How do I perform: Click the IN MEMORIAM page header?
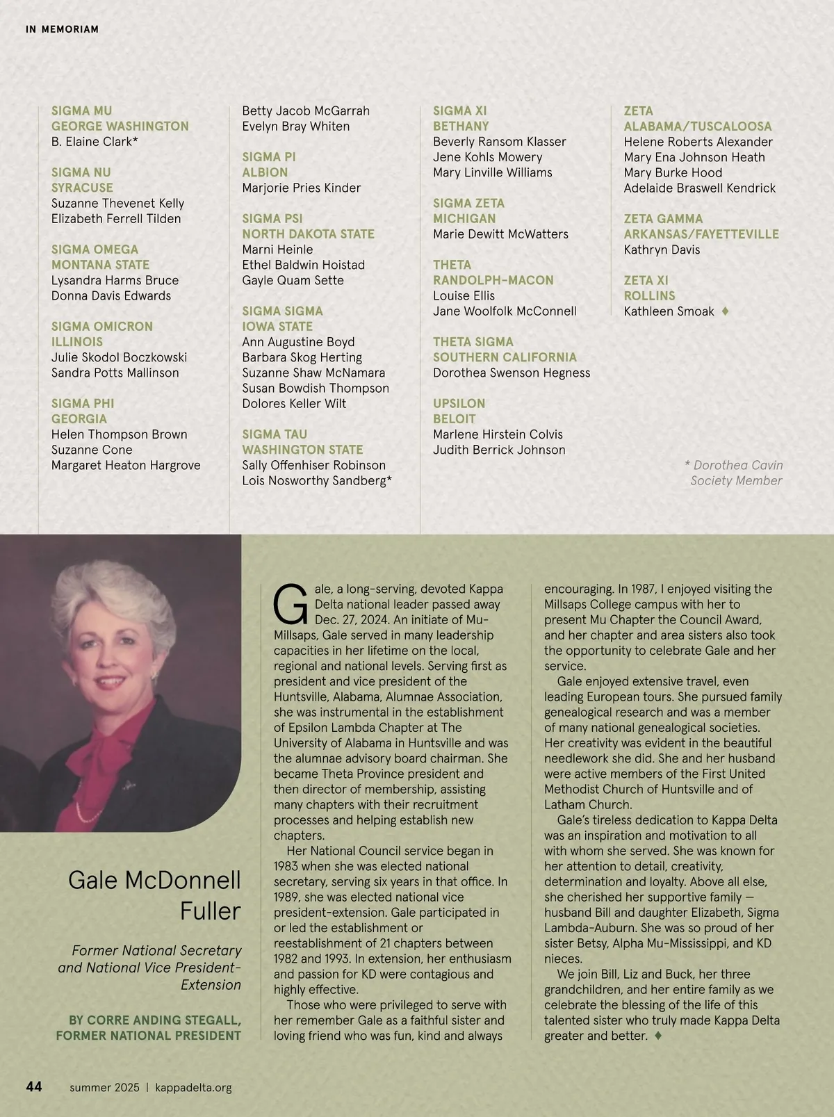point(62,29)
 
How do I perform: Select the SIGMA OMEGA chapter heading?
point(95,250)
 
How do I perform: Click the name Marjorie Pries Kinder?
point(301,188)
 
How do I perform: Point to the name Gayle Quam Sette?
point(293,280)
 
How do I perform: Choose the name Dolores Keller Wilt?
point(293,404)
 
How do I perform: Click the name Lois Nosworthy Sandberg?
point(316,481)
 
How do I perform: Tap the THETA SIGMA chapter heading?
point(473,342)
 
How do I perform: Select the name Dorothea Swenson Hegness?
point(511,373)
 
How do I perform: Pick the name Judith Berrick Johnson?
point(498,450)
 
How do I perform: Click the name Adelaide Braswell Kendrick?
point(699,188)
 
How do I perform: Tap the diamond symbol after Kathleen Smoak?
point(725,311)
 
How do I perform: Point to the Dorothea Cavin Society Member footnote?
point(735,473)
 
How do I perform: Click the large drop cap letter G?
point(290,605)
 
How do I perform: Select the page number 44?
point(34,1086)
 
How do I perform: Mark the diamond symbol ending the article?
point(657,1036)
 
